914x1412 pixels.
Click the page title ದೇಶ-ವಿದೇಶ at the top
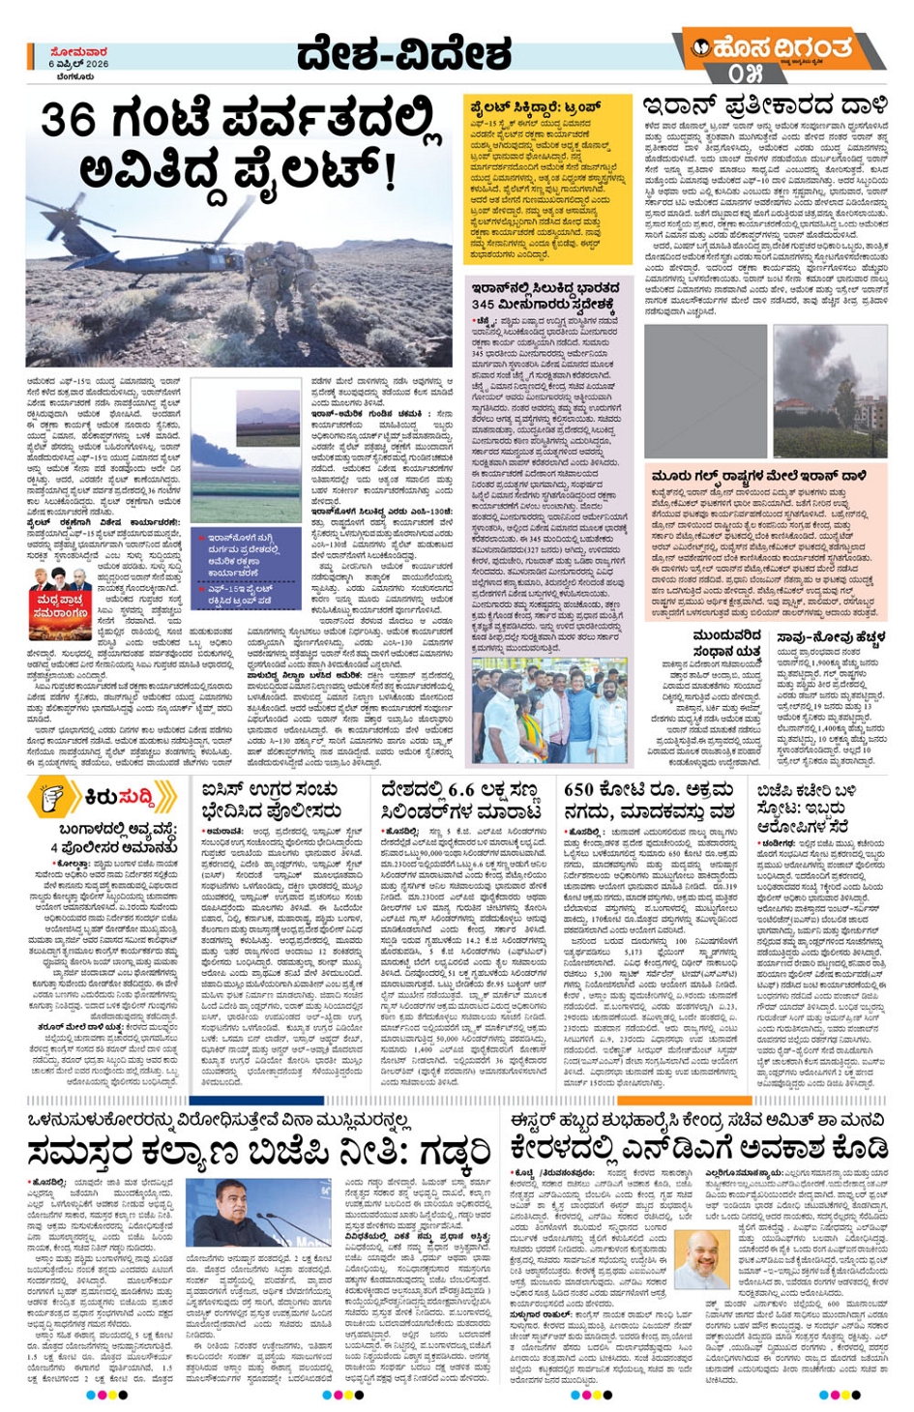point(403,56)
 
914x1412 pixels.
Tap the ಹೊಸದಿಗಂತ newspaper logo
point(781,47)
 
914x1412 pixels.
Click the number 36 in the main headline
point(69,121)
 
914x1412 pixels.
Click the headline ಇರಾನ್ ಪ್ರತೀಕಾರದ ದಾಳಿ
point(764,104)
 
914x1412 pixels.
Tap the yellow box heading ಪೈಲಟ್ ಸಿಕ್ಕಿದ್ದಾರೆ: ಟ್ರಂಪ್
point(535,107)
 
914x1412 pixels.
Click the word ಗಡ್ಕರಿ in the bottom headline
point(447,1152)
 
